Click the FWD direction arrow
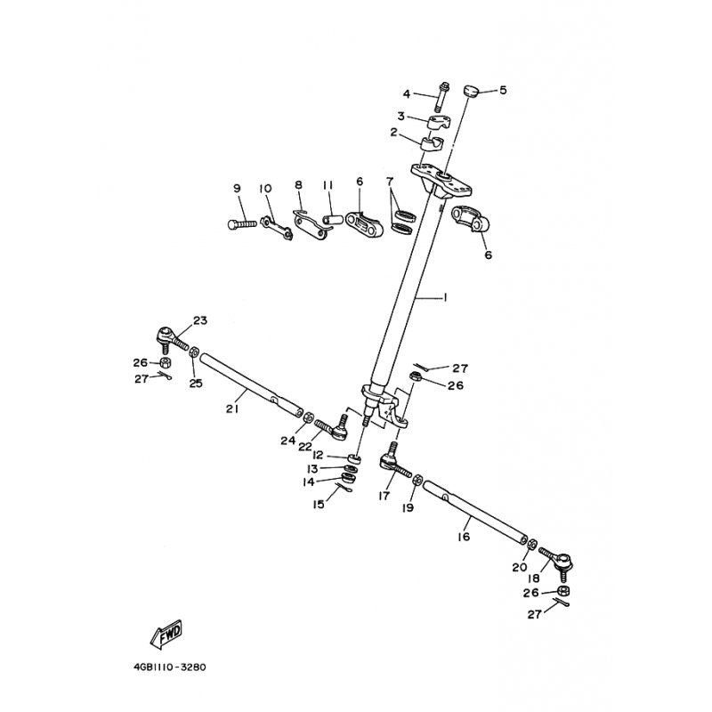pyautogui.click(x=166, y=633)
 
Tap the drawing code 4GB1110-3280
pyautogui.click(x=170, y=667)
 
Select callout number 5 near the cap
pyautogui.click(x=503, y=90)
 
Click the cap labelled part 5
pyautogui.click(x=472, y=91)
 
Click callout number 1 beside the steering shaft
pyautogui.click(x=445, y=298)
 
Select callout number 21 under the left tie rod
pyautogui.click(x=232, y=409)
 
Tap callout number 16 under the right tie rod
pyautogui.click(x=464, y=538)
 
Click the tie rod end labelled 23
pyautogui.click(x=172, y=340)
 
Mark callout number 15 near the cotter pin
pyautogui.click(x=319, y=504)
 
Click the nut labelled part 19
pyautogui.click(x=418, y=481)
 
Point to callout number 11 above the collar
pyautogui.click(x=328, y=185)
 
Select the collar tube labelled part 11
pyautogui.click(x=333, y=221)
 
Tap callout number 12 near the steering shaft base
pyautogui.click(x=318, y=455)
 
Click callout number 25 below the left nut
pyautogui.click(x=196, y=384)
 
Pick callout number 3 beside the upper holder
pyautogui.click(x=401, y=117)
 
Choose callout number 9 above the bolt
pyautogui.click(x=237, y=188)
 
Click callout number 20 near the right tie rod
pyautogui.click(x=520, y=567)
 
